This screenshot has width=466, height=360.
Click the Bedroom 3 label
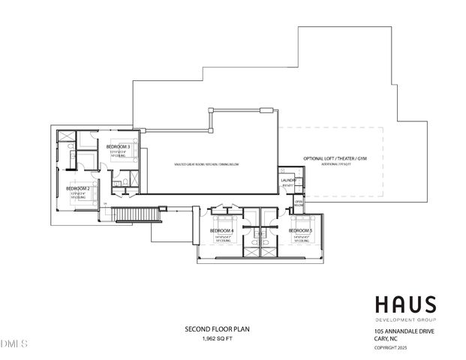click(x=119, y=146)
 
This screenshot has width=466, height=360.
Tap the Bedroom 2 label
click(x=79, y=188)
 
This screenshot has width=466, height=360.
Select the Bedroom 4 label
click(x=222, y=230)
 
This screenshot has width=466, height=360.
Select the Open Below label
click(x=299, y=204)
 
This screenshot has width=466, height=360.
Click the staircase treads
click(x=136, y=215)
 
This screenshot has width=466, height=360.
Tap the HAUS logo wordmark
click(x=405, y=304)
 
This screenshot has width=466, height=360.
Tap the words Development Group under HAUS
click(x=403, y=319)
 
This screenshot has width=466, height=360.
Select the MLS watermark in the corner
click(x=13, y=344)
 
